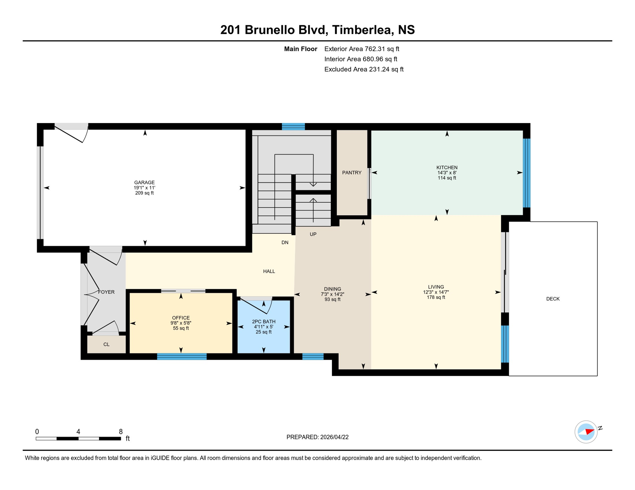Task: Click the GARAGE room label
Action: point(144,182)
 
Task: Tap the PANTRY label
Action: point(352,173)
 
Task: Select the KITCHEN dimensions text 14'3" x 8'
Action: point(447,173)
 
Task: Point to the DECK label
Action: point(553,299)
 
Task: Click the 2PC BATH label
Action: point(264,322)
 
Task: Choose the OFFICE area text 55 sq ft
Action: point(181,328)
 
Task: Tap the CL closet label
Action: point(106,345)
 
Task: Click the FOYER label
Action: point(106,292)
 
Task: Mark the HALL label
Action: point(269,271)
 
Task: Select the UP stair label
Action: point(313,234)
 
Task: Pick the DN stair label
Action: point(285,242)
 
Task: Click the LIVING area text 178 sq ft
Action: point(436,297)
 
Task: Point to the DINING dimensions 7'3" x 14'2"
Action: point(332,294)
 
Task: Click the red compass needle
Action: point(590,432)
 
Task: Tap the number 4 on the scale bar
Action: point(78,432)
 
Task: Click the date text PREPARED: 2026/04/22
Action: point(317,437)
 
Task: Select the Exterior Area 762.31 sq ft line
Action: point(362,49)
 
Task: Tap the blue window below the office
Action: point(182,356)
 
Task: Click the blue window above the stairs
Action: point(293,127)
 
